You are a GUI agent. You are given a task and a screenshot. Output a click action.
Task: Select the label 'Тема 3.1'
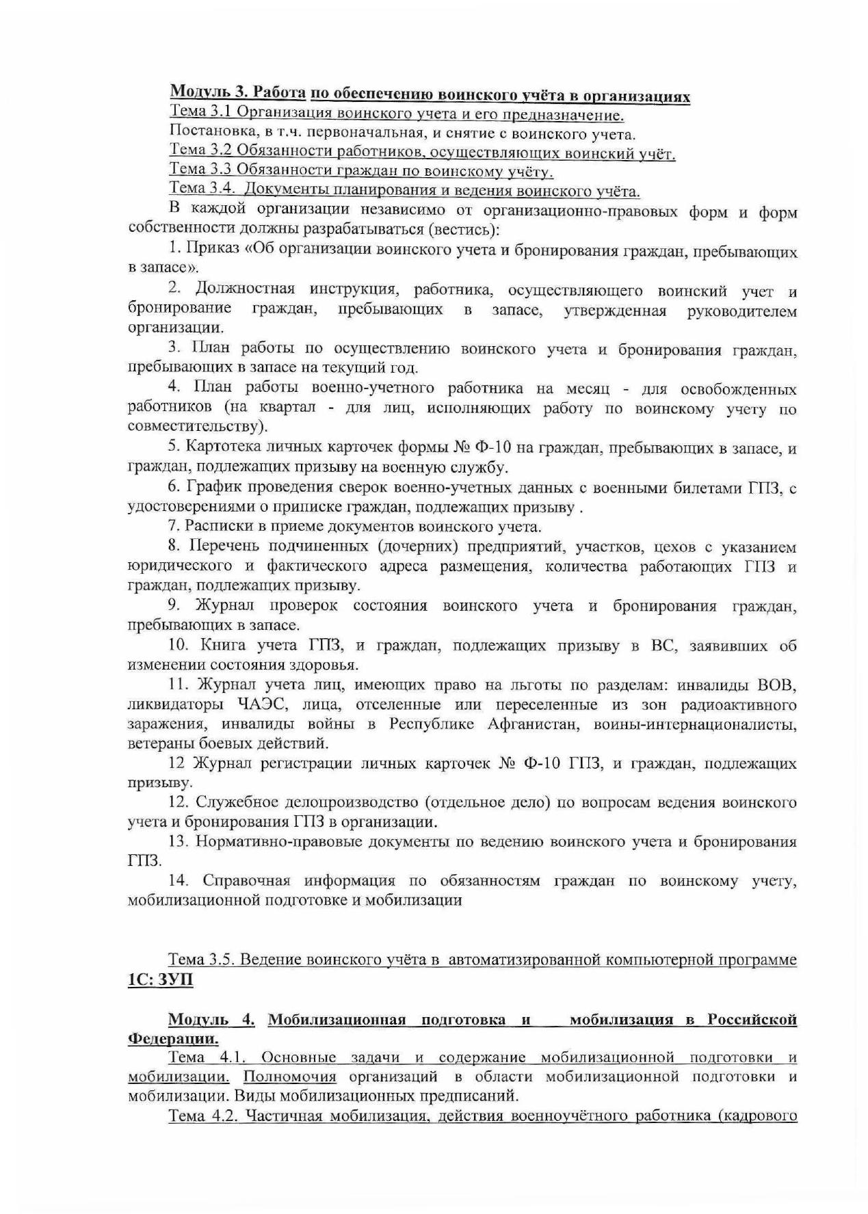click(196, 111)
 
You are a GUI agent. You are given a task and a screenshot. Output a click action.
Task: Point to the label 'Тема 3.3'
click(196, 170)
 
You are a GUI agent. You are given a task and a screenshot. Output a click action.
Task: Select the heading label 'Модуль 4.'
click(211, 1020)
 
